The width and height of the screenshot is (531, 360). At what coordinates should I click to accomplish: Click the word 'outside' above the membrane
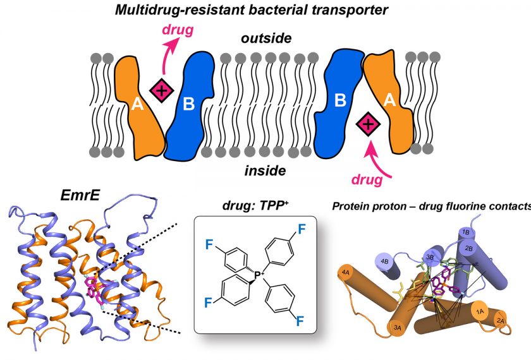[x=265, y=39]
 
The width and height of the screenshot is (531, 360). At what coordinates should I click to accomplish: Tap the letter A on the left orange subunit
[x=137, y=106]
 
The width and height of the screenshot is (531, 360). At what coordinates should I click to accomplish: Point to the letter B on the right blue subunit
[x=340, y=99]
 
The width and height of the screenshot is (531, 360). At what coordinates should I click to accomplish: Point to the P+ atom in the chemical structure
[x=260, y=275]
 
